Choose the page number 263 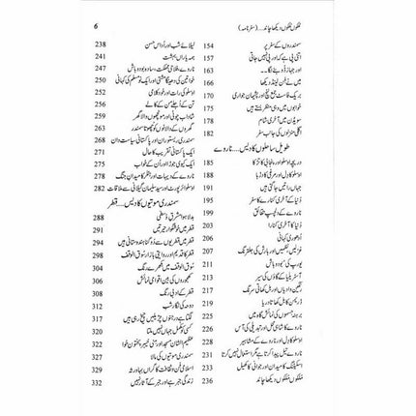point(95,128)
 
